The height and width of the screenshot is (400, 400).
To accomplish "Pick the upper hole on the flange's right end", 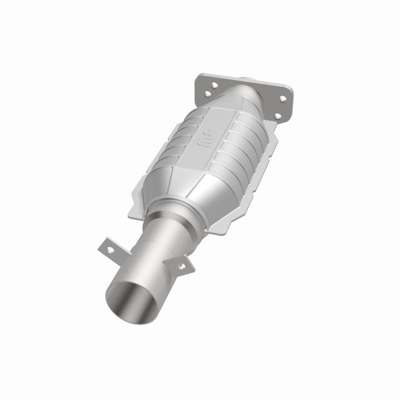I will point(282,99).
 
